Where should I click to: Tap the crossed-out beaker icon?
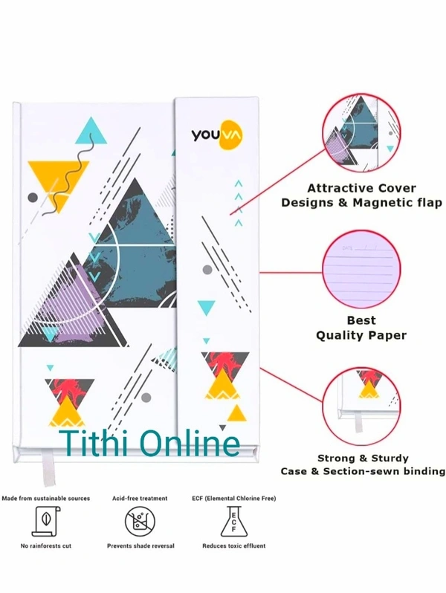(x=140, y=522)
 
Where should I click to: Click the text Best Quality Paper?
(x=362, y=328)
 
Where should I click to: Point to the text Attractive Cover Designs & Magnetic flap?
(x=362, y=195)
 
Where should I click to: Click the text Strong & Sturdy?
(x=362, y=458)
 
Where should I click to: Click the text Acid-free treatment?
(x=140, y=498)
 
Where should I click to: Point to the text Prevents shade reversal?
(x=140, y=546)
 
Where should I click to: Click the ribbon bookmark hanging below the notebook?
(x=46, y=464)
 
